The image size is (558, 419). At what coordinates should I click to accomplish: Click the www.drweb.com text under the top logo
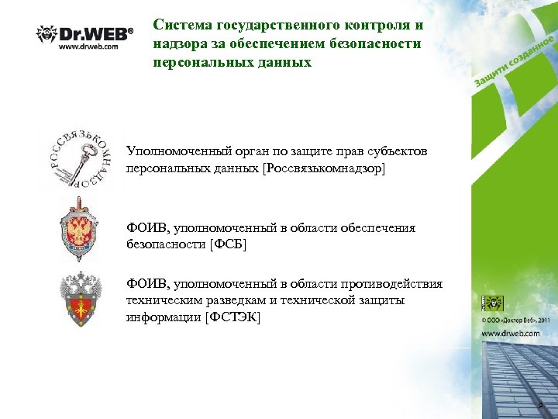[x=89, y=46]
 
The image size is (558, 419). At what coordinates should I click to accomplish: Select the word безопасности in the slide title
[x=384, y=43]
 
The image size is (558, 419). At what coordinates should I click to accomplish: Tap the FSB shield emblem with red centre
[x=80, y=230]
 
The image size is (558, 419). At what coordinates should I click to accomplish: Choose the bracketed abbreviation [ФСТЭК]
[x=232, y=318]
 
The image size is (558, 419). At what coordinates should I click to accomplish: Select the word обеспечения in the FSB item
[x=378, y=228]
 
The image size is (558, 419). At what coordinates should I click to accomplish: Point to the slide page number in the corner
[x=541, y=407]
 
